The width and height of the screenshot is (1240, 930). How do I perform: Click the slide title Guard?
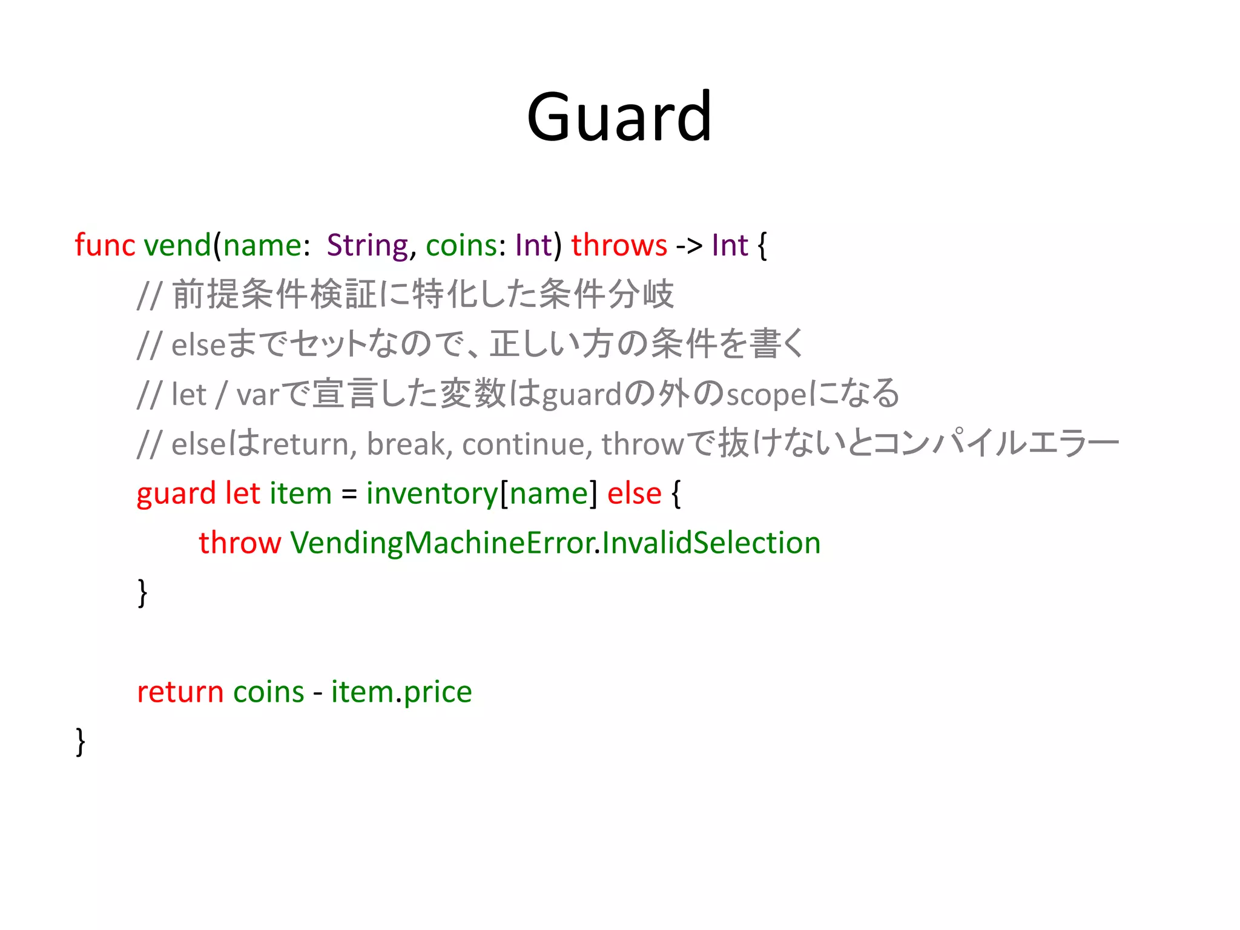click(x=619, y=116)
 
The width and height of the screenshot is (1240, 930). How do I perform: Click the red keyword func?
click(x=104, y=245)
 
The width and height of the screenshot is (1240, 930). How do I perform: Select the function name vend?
click(x=177, y=245)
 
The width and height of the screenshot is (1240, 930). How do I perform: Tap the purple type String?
click(x=368, y=245)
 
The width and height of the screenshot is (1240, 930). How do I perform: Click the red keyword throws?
click(x=619, y=245)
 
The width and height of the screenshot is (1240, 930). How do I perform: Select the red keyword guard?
click(x=176, y=494)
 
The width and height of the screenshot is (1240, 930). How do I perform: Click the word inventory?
click(x=432, y=494)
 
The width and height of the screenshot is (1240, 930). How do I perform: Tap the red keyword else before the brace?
click(x=634, y=493)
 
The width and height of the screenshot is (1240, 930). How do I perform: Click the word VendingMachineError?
click(x=441, y=542)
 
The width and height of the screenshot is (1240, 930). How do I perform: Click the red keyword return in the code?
click(x=180, y=692)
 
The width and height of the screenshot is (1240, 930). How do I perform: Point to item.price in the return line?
click(x=401, y=692)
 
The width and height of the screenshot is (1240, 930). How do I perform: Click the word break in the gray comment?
click(x=406, y=444)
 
